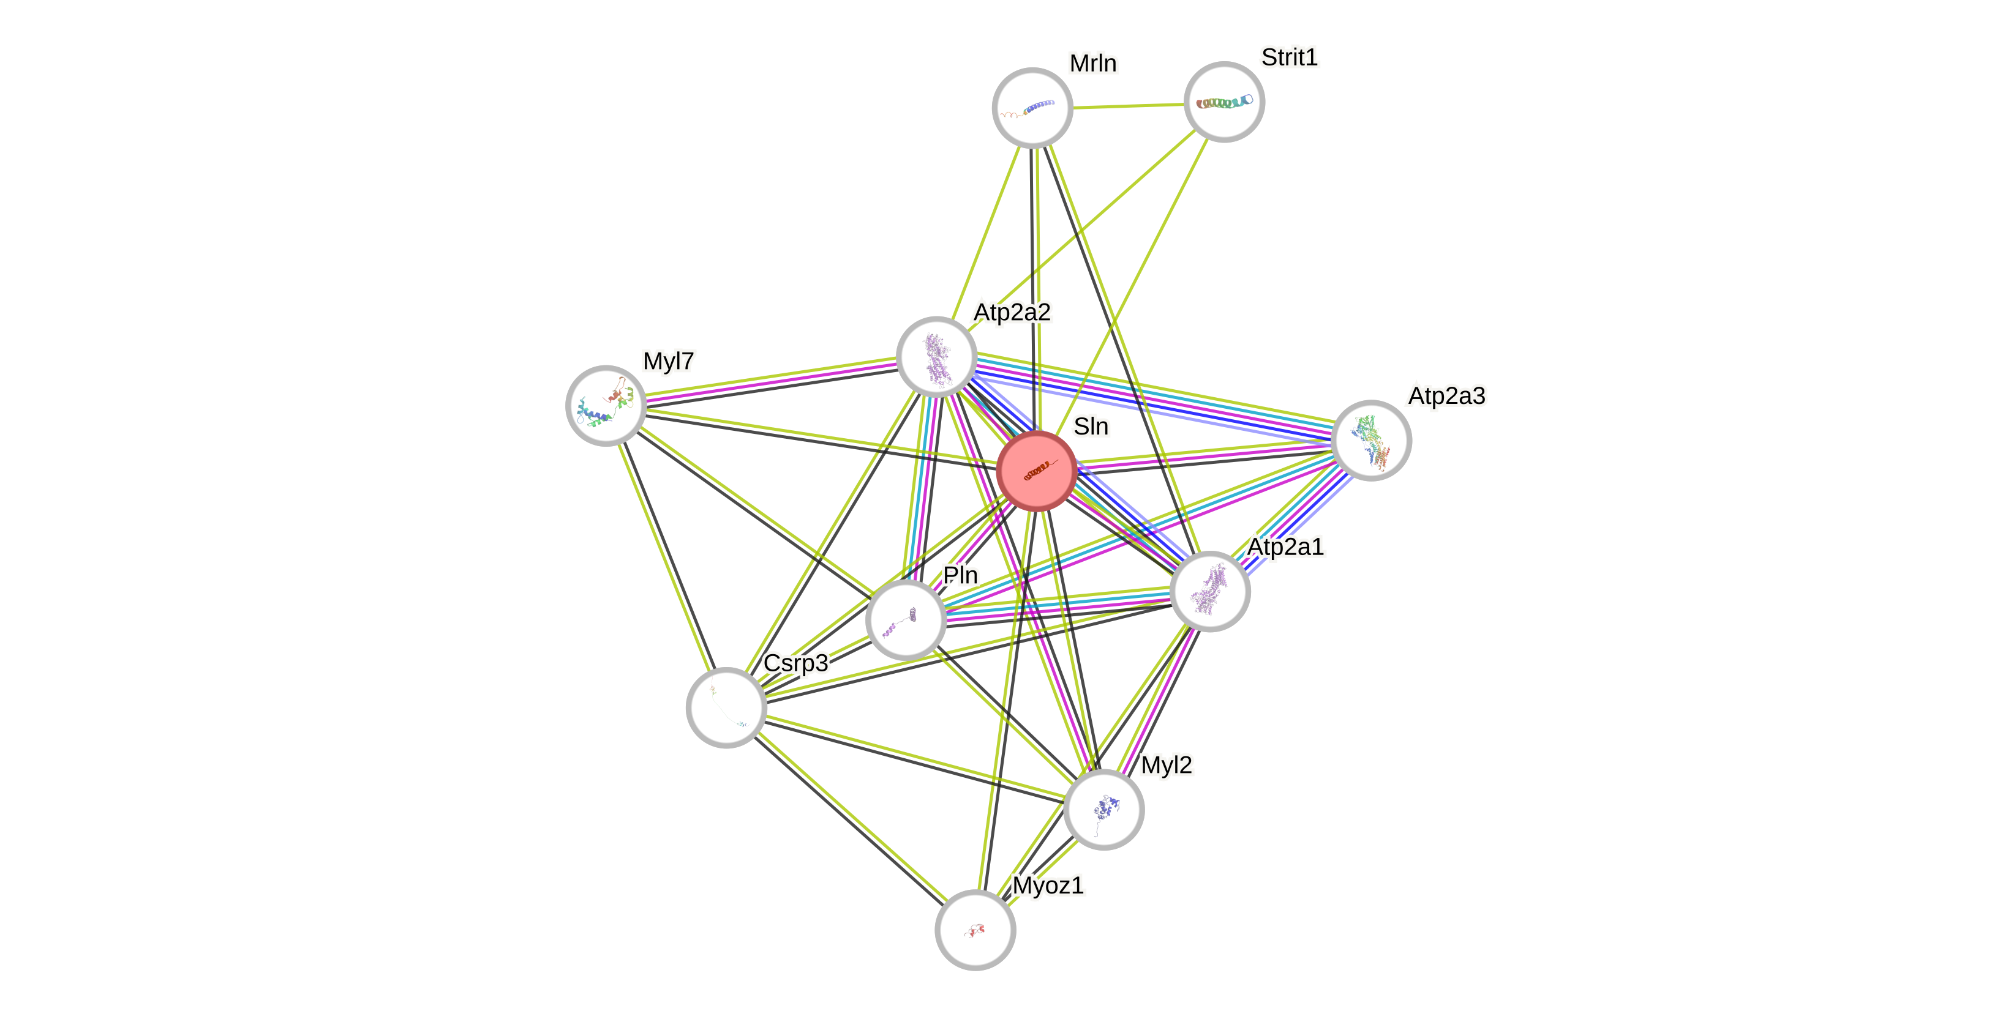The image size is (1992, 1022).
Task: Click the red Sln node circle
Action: tap(1036, 470)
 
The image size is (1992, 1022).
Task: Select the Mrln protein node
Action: tap(1032, 108)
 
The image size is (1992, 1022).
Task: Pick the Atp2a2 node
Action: tap(936, 356)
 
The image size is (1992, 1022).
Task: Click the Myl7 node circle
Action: tap(606, 405)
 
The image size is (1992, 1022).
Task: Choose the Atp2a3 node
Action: tap(1371, 440)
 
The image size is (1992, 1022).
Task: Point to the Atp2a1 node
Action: tap(1209, 591)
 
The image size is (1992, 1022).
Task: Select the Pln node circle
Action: tap(906, 620)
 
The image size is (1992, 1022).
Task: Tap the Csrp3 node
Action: tap(726, 707)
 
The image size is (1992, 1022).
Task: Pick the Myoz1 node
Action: tap(974, 929)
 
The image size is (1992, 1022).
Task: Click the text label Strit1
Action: tap(1289, 57)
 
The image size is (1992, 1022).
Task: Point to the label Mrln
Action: tap(1092, 64)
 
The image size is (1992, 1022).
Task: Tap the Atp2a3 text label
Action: tap(1445, 396)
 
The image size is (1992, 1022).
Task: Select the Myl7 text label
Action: tap(668, 361)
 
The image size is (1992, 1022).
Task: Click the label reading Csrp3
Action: tap(795, 663)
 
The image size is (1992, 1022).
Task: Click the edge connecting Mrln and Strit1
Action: tap(1127, 105)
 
